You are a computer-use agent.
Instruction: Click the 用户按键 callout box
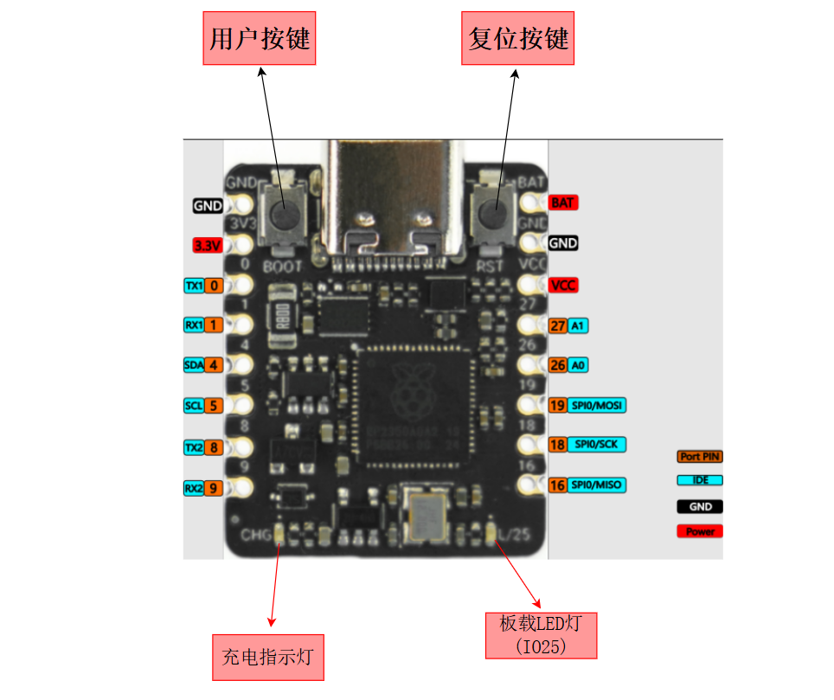tap(260, 38)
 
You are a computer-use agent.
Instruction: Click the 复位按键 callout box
tap(518, 38)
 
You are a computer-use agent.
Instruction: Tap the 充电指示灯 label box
tap(267, 657)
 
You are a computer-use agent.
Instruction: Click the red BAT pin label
tap(562, 202)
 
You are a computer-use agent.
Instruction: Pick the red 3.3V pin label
tap(208, 245)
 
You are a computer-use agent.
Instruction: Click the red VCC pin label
tap(563, 285)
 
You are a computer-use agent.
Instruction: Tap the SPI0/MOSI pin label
tap(597, 405)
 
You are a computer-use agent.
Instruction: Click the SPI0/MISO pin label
tap(597, 485)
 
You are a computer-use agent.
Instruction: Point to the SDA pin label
tap(194, 364)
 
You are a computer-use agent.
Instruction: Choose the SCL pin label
tap(194, 405)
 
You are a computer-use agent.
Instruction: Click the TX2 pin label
tap(194, 447)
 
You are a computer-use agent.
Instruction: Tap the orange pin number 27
tap(558, 325)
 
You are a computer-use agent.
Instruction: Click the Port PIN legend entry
tap(700, 456)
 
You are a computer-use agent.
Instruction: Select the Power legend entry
tap(700, 531)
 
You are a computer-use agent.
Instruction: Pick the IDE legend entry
tap(700, 479)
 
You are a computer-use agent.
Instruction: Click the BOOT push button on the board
tap(281, 214)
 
